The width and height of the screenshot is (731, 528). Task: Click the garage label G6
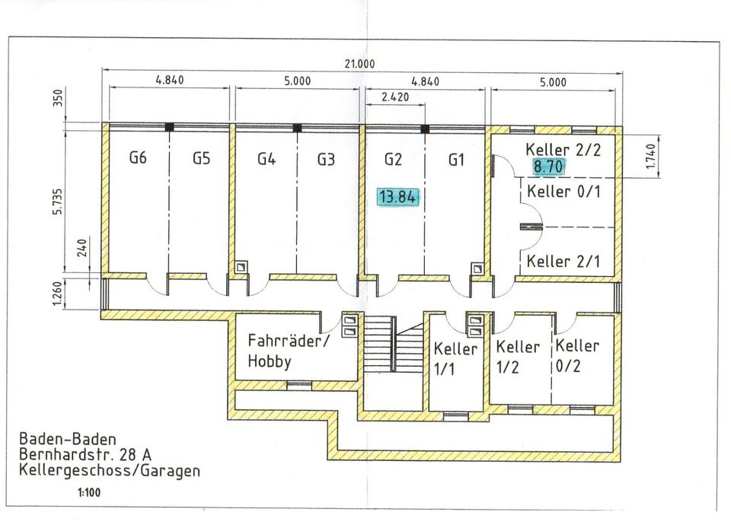pyautogui.click(x=137, y=159)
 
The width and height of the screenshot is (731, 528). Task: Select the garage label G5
pyautogui.click(x=201, y=159)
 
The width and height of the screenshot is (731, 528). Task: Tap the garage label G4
pyautogui.click(x=266, y=159)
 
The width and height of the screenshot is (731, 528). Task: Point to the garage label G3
pyautogui.click(x=327, y=159)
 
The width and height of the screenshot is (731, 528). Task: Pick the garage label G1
pyautogui.click(x=456, y=160)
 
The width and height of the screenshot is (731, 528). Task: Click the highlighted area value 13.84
pyautogui.click(x=397, y=198)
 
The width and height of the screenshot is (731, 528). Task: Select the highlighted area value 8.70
pyautogui.click(x=548, y=166)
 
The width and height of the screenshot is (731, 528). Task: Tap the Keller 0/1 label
pyautogui.click(x=563, y=191)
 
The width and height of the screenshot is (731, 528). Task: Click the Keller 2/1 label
pyautogui.click(x=563, y=262)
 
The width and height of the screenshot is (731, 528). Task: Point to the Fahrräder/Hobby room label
pyautogui.click(x=289, y=350)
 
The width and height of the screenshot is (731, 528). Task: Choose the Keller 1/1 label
pyautogui.click(x=455, y=358)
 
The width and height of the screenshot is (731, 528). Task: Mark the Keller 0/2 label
pyautogui.click(x=577, y=355)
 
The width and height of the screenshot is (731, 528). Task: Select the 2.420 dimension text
pyautogui.click(x=395, y=97)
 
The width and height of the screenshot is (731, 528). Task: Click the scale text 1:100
pyautogui.click(x=88, y=493)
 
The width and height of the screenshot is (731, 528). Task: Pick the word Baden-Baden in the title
pyautogui.click(x=68, y=439)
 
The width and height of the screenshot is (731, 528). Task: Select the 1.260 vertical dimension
pyautogui.click(x=58, y=294)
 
